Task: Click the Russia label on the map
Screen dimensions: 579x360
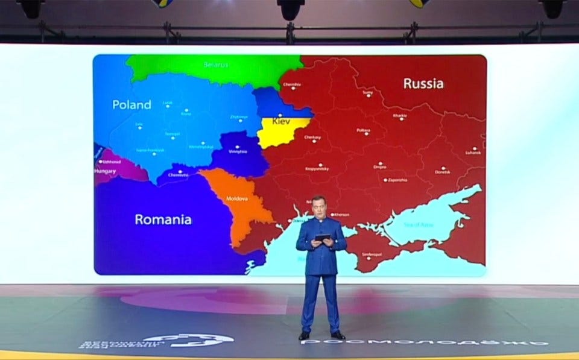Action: point(423,83)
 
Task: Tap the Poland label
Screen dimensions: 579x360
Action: point(131,105)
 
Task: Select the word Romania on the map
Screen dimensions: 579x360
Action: point(163,219)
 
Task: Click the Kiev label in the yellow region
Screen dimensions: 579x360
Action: point(281,121)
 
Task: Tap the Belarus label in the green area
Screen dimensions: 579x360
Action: point(216,65)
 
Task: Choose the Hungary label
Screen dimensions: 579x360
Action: point(105,171)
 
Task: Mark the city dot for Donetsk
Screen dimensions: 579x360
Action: point(443,168)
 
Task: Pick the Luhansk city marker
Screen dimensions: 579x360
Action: point(475,148)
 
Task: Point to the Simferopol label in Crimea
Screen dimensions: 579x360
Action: point(372,254)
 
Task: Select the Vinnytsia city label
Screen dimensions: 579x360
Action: point(238,151)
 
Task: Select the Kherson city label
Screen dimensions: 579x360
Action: point(341,215)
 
